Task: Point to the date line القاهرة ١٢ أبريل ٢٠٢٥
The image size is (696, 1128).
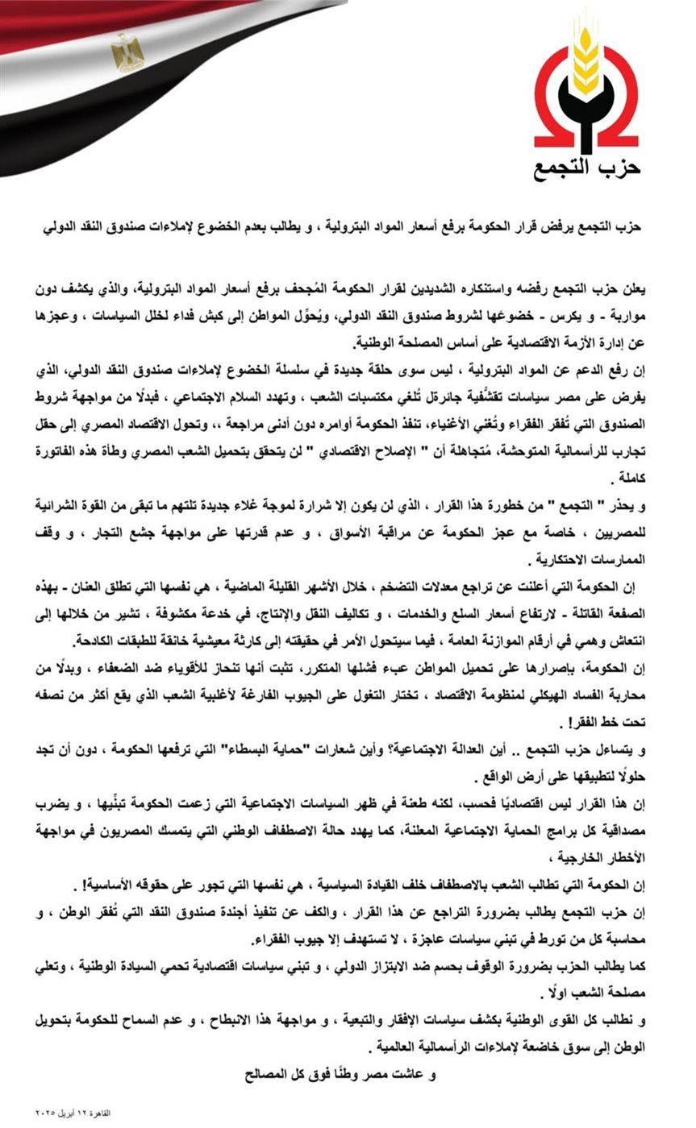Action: (x=73, y=1113)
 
